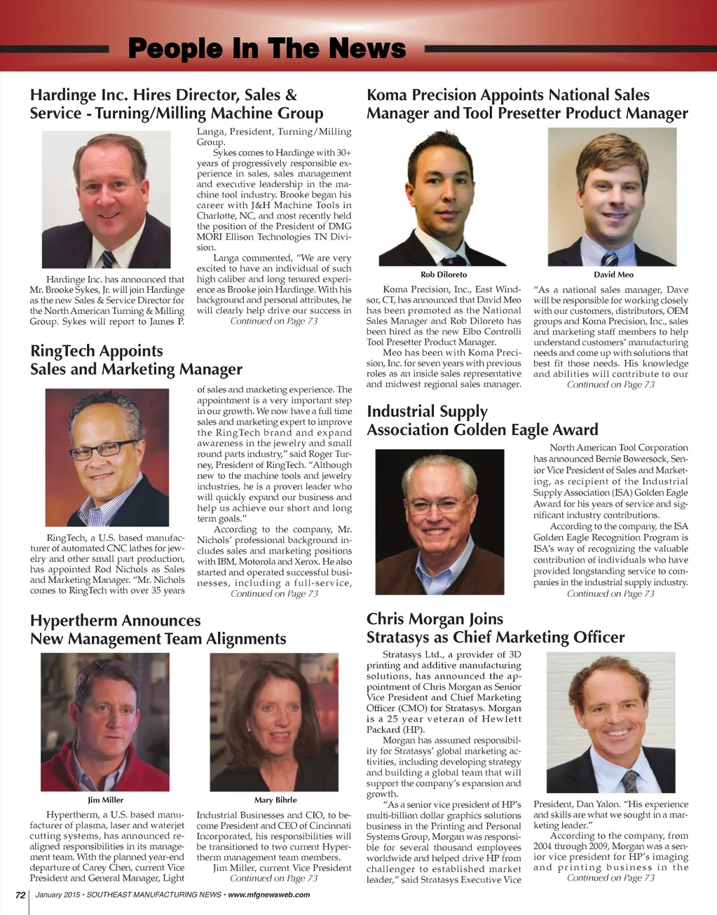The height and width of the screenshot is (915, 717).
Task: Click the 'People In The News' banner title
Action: [267, 48]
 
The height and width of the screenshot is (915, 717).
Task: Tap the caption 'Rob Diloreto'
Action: [443, 274]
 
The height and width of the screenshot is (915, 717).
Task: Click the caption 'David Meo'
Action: [613, 274]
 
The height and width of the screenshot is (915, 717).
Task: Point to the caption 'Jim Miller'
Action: [105, 799]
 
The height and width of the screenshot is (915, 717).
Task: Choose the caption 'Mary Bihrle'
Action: [275, 799]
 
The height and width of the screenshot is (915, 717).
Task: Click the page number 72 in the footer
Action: [20, 895]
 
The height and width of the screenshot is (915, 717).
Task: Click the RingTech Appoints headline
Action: [136, 360]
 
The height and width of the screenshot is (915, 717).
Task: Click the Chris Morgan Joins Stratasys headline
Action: [495, 628]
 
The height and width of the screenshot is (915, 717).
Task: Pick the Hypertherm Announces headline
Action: [158, 629]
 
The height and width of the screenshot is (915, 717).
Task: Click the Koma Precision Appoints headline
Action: [527, 104]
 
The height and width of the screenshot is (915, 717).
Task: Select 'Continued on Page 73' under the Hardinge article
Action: [273, 321]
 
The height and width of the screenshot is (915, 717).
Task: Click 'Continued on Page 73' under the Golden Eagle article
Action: [610, 593]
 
